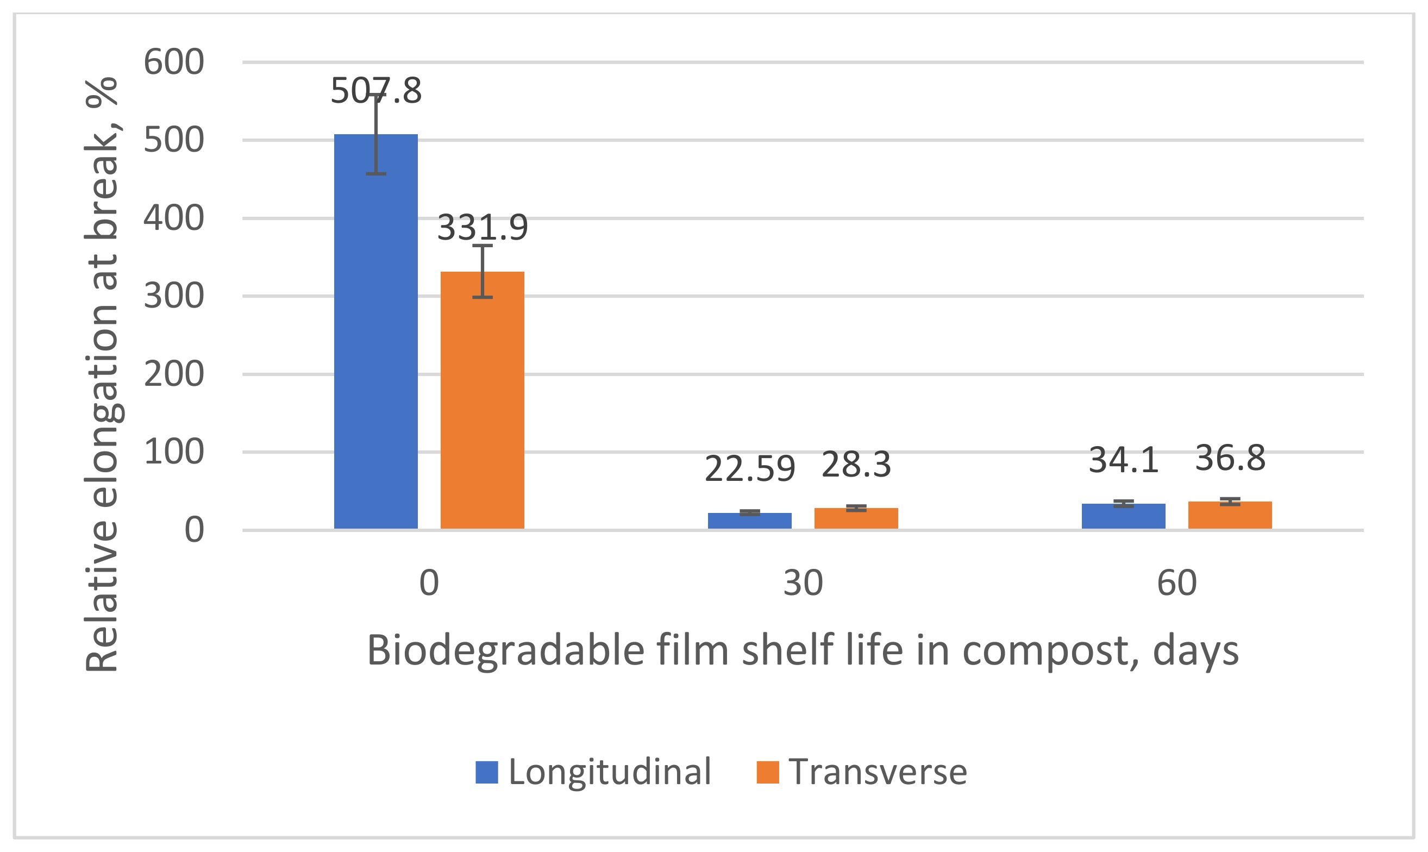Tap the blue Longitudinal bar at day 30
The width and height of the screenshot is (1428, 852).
749,521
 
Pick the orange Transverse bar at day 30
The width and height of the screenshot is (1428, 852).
856,518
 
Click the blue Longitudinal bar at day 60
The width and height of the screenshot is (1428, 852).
1123,516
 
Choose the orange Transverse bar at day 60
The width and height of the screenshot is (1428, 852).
1230,515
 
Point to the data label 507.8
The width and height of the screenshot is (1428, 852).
376,91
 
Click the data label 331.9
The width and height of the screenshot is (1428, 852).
482,227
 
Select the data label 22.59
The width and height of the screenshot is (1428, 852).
749,469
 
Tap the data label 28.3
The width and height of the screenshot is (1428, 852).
856,465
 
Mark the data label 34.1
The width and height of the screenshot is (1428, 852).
1123,460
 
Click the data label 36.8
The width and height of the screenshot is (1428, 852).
1230,458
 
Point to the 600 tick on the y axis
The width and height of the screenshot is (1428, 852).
173,62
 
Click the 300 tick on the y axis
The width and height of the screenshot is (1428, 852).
173,296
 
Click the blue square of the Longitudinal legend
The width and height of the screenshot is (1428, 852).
486,772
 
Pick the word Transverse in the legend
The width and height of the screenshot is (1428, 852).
878,772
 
